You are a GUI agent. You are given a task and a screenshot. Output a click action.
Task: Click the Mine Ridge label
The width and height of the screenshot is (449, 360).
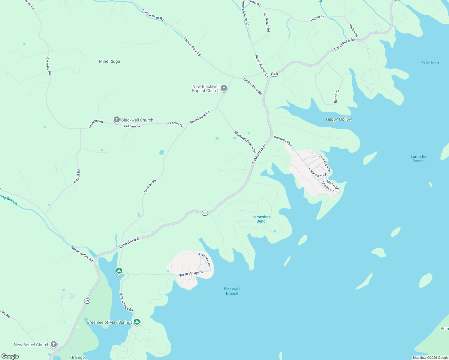coord(109,61)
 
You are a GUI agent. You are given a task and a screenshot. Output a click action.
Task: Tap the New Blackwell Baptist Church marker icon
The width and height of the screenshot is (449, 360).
coord(224,88)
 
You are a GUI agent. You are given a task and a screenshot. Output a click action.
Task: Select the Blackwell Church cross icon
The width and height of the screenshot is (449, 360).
coord(117,120)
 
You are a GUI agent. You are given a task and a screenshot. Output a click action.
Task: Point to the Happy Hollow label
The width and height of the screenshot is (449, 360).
coord(339,119)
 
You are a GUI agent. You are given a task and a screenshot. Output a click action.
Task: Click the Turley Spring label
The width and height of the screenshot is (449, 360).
coord(430,62)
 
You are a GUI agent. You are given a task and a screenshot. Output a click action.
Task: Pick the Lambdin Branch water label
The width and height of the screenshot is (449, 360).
coord(418,159)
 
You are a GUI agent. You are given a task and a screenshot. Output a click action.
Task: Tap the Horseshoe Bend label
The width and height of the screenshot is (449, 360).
coord(261,219)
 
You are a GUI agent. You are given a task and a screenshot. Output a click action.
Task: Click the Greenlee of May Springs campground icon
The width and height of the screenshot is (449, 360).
coord(137,322)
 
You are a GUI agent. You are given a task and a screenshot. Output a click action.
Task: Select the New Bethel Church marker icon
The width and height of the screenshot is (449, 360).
coord(54,344)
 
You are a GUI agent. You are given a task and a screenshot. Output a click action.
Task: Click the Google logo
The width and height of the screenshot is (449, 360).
coord(10,356)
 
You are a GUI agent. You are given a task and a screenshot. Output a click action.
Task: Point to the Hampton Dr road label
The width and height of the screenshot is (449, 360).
coord(205,259)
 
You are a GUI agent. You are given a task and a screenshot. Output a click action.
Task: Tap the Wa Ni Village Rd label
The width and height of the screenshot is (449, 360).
coord(191,274)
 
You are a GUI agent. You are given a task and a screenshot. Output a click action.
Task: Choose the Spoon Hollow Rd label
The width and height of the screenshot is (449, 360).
coord(82,253)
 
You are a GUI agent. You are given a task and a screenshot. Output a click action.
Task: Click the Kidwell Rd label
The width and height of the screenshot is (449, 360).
coord(77,176)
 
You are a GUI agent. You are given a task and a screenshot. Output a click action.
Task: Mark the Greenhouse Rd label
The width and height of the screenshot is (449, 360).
coord(200,117)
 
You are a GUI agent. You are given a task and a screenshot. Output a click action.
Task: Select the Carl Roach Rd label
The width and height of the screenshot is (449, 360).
coord(267,22)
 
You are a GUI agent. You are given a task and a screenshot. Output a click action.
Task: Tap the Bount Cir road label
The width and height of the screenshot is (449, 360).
coord(337,96)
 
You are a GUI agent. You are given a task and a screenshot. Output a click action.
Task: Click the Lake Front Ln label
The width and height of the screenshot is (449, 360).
coord(325,163)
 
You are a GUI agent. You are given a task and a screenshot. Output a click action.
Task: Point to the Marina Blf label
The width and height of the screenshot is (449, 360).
coord(333,185)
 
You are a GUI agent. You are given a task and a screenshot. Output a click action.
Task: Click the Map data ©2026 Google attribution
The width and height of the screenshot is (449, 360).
coord(430,358)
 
